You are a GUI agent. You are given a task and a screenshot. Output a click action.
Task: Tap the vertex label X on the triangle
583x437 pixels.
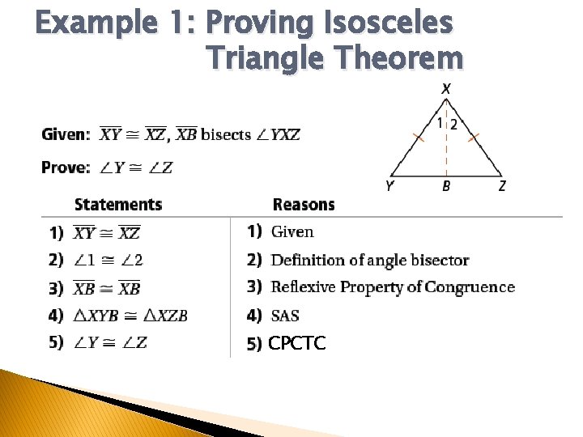[446, 89]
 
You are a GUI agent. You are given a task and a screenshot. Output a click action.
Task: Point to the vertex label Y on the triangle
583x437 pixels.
[390, 186]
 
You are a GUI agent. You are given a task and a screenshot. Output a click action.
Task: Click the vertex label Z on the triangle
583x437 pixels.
[502, 186]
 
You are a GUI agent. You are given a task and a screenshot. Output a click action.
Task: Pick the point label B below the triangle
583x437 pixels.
[446, 187]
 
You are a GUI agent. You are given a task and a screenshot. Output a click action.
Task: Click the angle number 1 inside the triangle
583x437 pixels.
[440, 124]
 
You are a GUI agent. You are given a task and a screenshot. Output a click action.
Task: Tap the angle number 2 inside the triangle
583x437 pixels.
[453, 125]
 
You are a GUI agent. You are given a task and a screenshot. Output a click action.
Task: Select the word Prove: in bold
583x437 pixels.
[66, 168]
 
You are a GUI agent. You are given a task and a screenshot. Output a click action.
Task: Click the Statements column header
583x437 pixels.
[118, 205]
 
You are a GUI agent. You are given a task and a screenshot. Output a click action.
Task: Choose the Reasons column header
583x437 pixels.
[304, 205]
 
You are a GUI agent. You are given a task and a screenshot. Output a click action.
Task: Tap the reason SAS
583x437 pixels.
[285, 316]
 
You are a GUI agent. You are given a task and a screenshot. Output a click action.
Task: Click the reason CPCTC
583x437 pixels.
[297, 344]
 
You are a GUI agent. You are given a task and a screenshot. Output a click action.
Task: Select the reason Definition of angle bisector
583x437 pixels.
[370, 261]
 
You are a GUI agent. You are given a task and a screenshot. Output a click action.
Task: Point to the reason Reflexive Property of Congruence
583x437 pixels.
[393, 287]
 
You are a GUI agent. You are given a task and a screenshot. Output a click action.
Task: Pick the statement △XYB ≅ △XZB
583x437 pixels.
[130, 316]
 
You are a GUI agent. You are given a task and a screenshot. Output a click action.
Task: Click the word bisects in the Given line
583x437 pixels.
[226, 134]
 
